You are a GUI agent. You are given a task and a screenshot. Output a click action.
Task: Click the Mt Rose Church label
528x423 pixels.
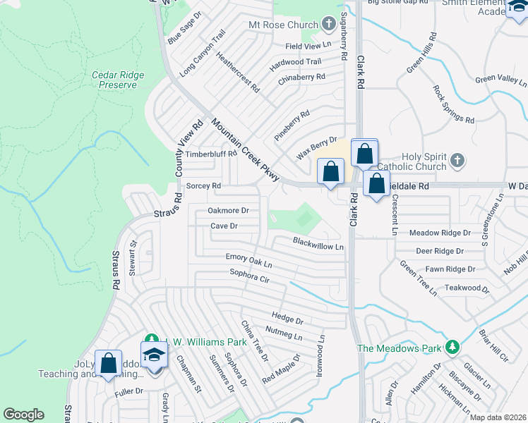pyautogui.click(x=283, y=24)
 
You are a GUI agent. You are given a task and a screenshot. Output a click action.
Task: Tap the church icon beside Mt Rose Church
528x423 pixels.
pyautogui.click(x=328, y=24)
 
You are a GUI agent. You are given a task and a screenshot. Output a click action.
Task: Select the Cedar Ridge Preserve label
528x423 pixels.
pyautogui.click(x=114, y=80)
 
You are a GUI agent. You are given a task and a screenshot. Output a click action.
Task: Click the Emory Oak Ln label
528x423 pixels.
pyautogui.click(x=248, y=259)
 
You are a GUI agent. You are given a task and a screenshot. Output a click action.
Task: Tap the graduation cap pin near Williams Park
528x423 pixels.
pyautogui.click(x=152, y=355)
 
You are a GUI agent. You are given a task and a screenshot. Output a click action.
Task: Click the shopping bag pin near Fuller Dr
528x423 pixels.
pyautogui.click(x=108, y=364)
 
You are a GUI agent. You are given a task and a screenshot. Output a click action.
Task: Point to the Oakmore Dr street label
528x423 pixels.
pyautogui.click(x=229, y=211)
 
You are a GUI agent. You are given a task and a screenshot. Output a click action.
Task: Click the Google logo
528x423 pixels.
pyautogui.click(x=24, y=415)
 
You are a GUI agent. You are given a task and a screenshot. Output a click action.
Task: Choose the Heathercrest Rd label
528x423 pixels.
pyautogui.click(x=239, y=73)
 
